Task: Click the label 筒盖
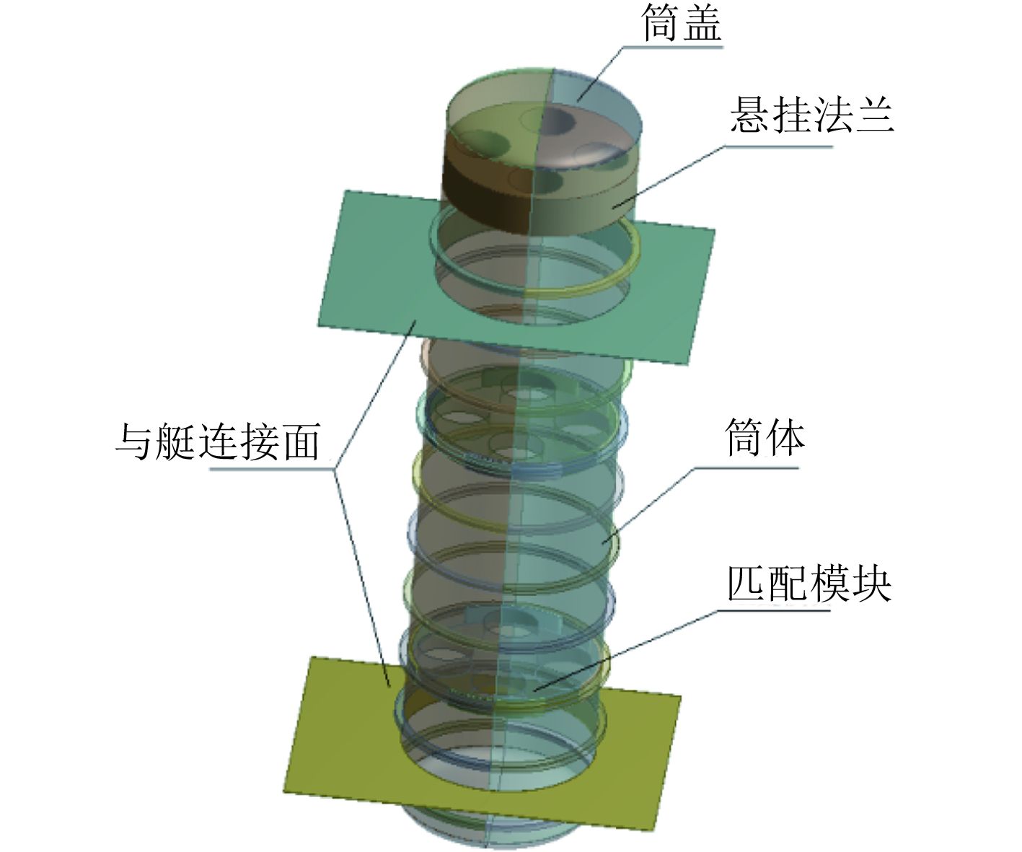[682, 23]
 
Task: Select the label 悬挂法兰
[812, 115]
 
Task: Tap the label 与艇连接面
[217, 441]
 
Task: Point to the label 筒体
[765, 438]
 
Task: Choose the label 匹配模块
[809, 582]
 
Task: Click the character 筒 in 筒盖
[661, 23]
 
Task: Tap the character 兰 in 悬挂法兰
[875, 115]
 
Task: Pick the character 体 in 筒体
[785, 438]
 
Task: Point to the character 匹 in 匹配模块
[746, 582]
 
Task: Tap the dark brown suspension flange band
[483, 195]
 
